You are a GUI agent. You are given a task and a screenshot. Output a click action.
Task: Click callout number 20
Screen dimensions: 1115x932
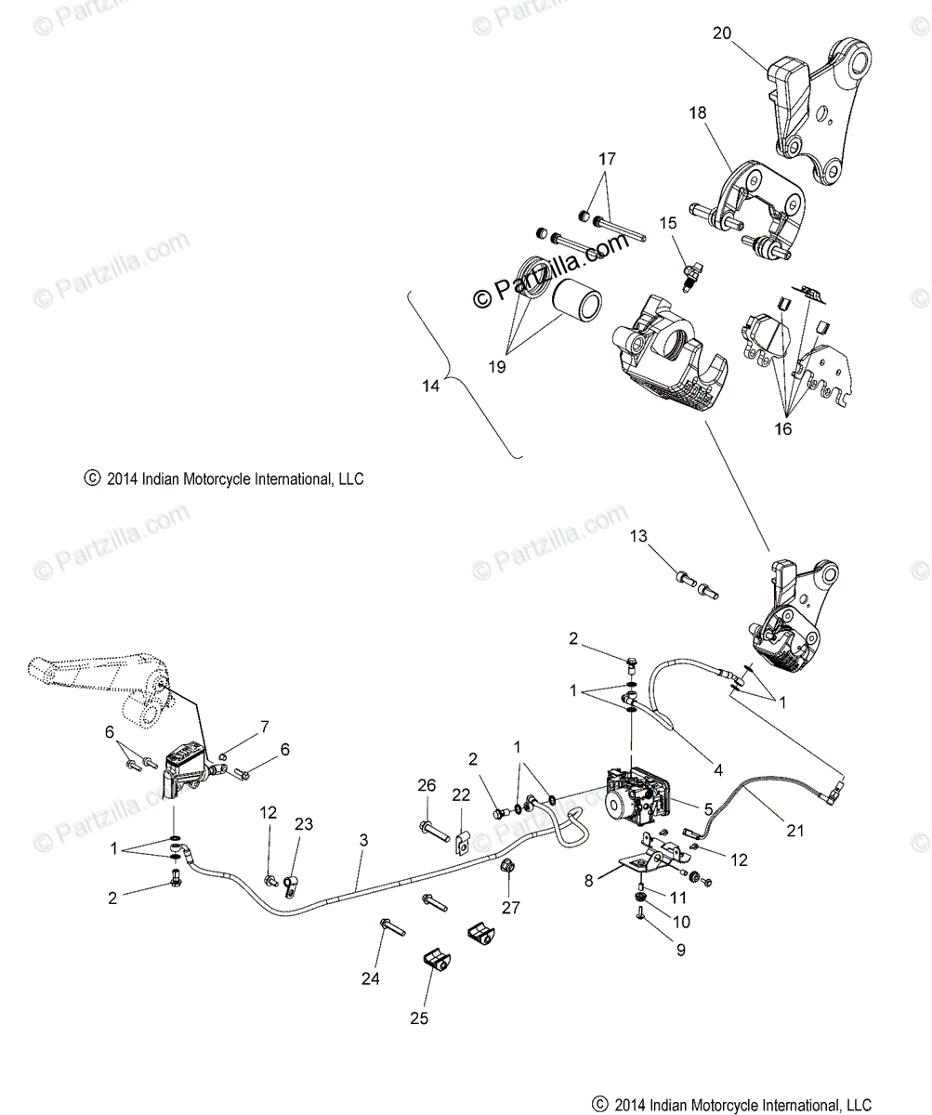tap(722, 33)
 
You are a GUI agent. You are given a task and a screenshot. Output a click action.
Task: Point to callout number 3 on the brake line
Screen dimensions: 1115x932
tap(363, 840)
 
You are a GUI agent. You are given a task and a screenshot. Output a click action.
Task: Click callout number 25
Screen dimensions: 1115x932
tap(419, 1018)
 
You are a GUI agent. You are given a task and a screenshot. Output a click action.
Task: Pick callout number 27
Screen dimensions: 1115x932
tap(512, 908)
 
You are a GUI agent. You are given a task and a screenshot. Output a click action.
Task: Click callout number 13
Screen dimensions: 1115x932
tap(664, 536)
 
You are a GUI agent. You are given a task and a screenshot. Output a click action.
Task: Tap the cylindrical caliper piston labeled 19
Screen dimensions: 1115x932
tap(577, 302)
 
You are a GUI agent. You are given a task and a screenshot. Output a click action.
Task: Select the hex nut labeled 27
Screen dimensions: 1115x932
tap(508, 868)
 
